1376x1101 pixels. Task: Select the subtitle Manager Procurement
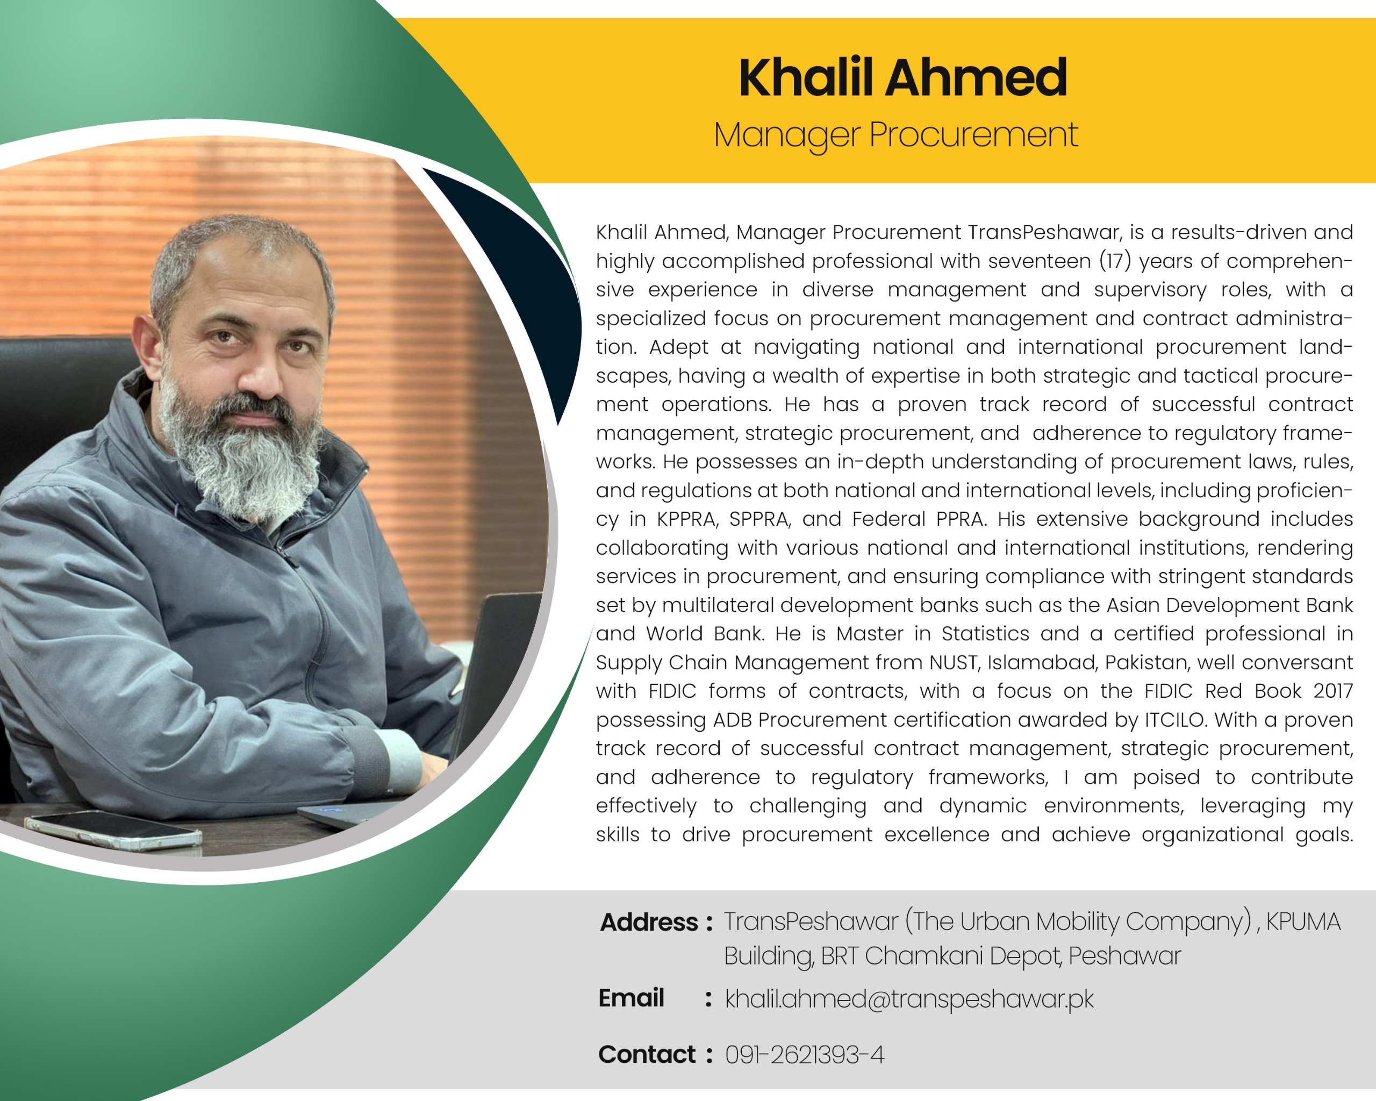pos(895,135)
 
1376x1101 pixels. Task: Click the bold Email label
pos(631,998)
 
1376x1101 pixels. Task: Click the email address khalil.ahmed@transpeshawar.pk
pos(909,999)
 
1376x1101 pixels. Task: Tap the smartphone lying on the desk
pos(113,830)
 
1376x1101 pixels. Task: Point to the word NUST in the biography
pos(954,662)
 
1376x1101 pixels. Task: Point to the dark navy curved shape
pos(530,275)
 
